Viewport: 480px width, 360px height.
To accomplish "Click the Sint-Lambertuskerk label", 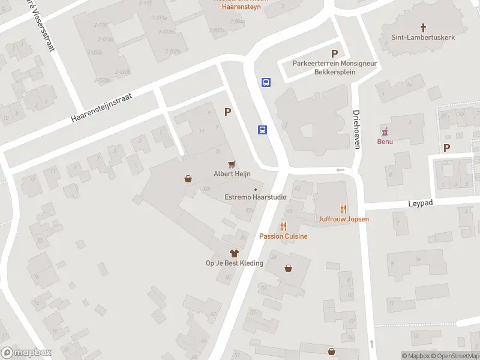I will click(423, 37).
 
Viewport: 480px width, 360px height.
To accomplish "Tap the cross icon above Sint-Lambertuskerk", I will click(423, 27).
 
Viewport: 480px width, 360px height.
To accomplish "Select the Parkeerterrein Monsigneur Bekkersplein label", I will click(324, 67).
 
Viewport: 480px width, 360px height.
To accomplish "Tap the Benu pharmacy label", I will click(385, 142).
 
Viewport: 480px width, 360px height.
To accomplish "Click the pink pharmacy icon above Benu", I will click(385, 132).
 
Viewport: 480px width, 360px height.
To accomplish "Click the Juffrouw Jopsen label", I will click(344, 219).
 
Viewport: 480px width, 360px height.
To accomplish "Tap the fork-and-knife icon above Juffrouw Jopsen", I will click(344, 209).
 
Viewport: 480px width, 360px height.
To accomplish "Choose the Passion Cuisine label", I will click(283, 236).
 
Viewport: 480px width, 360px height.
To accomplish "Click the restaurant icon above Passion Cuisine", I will click(283, 226).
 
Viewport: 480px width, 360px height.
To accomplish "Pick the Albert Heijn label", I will click(232, 174).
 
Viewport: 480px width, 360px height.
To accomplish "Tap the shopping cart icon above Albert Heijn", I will click(232, 163).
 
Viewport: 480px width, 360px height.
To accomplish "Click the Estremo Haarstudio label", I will click(255, 197).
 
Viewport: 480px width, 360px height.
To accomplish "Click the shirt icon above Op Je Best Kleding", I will click(234, 253).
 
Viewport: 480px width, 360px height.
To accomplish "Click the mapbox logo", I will click(26, 353).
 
